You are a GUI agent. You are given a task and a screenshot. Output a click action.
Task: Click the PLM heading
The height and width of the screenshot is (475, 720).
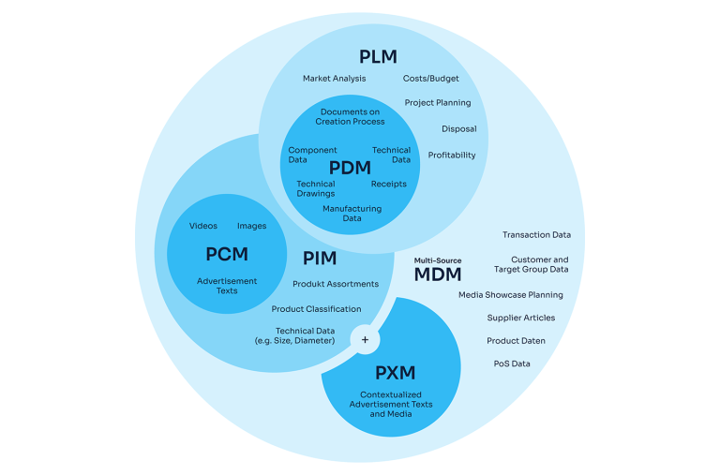[379, 57]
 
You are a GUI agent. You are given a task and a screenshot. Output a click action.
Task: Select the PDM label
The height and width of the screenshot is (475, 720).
[350, 168]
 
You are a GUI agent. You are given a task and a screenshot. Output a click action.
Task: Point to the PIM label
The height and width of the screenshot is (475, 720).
[320, 258]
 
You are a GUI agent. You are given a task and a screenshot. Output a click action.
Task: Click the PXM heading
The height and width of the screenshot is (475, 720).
[395, 372]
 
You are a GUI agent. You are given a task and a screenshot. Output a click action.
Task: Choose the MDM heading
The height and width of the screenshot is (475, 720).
[439, 275]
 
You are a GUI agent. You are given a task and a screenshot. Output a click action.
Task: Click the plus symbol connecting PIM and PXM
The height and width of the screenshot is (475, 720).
[365, 340]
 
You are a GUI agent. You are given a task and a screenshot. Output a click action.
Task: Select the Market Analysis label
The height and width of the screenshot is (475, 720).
[334, 79]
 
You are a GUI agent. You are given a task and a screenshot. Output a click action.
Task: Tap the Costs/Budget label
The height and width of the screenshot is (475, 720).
[430, 79]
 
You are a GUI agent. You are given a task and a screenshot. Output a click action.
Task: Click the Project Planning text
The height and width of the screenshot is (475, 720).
[438, 103]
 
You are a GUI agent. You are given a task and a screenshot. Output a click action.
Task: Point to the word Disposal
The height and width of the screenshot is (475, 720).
[458, 129]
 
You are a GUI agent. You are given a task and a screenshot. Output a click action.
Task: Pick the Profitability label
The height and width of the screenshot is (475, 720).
[452, 156]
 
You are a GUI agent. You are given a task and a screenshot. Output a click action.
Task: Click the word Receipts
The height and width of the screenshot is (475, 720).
[389, 185]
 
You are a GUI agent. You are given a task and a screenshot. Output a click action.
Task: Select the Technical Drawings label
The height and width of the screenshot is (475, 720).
[315, 189]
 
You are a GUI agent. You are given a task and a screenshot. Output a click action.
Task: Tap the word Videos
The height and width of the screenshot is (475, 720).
[202, 226]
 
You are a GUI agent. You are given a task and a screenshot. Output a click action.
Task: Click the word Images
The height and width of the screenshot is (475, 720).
[251, 226]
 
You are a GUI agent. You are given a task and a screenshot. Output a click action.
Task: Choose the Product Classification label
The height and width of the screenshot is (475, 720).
[316, 309]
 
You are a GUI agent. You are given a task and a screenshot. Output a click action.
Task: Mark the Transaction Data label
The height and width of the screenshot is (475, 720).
[536, 235]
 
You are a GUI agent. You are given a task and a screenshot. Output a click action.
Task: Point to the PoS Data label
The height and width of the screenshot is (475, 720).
[512, 364]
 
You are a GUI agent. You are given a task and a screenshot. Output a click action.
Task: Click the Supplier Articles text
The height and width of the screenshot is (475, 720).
[520, 318]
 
